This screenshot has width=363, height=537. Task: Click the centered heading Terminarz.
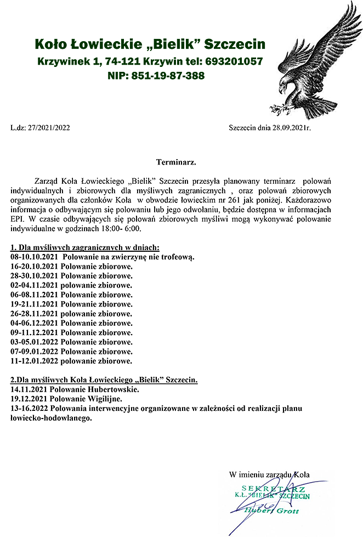pyautogui.click(x=176, y=162)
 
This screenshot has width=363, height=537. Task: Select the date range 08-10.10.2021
pyautogui.click(x=35, y=257)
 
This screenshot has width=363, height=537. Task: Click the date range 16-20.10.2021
pyautogui.click(x=35, y=266)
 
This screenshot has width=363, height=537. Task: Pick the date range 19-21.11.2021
pyautogui.click(x=35, y=303)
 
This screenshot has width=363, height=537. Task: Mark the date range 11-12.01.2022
pyautogui.click(x=35, y=361)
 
